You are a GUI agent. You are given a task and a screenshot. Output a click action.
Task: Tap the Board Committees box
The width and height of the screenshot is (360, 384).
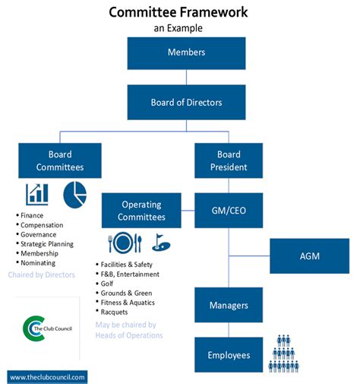(60, 161)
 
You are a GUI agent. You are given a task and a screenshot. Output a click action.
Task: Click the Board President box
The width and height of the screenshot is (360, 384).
(229, 161)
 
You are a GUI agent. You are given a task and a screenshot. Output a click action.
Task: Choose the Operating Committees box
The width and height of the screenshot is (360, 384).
(141, 211)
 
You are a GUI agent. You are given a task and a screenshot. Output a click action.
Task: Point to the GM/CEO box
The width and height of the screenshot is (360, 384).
(229, 210)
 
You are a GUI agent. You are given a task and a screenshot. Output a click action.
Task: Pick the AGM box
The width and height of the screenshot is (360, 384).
(309, 255)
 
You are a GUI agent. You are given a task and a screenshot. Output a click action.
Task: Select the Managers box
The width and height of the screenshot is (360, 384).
(229, 305)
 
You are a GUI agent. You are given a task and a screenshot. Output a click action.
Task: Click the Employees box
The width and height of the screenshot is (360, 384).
(229, 355)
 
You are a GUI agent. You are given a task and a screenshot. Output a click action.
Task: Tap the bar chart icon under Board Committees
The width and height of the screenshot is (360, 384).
(36, 195)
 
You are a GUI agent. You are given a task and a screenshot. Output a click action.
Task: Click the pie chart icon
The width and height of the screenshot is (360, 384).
(74, 193)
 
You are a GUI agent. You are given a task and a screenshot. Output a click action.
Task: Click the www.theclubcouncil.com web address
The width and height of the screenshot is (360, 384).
(48, 376)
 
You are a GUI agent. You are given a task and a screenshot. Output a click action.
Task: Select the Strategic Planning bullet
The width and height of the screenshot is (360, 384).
(47, 244)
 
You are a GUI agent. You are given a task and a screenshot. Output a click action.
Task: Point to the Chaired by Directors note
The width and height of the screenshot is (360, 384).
(42, 275)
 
